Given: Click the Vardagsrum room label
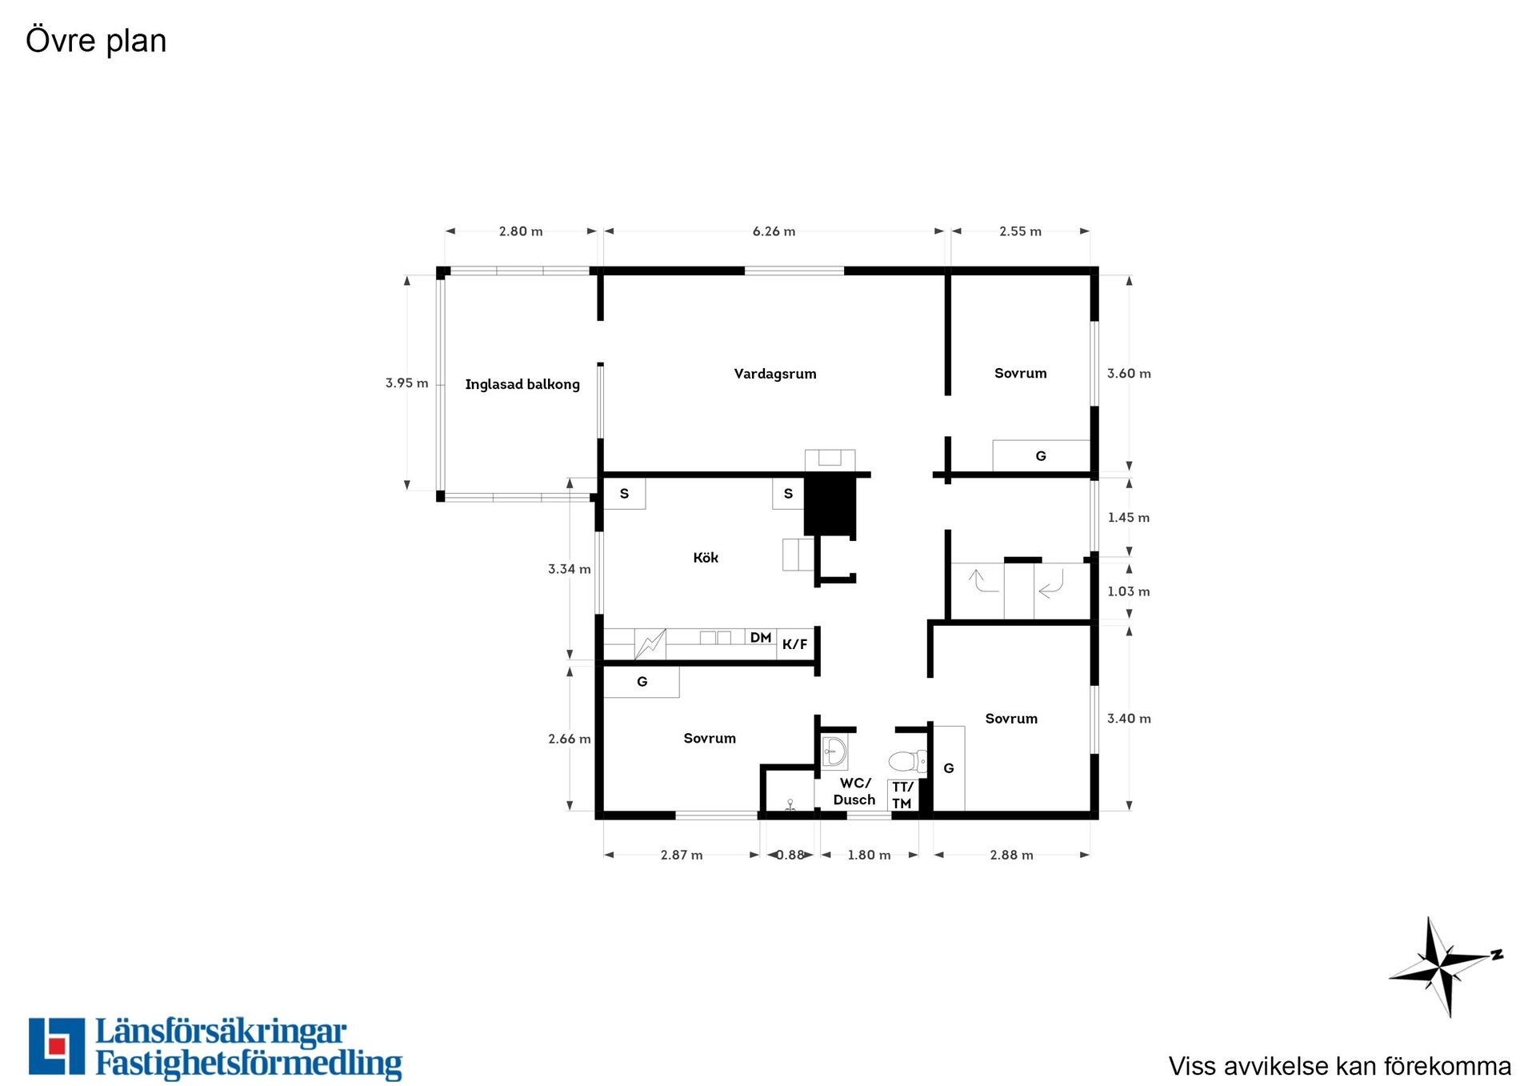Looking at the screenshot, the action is point(775,374).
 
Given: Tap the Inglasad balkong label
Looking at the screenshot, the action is point(522,384).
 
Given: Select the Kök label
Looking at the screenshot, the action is point(706,558).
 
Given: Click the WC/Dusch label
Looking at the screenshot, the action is point(854,791).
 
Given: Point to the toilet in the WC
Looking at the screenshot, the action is point(907,760).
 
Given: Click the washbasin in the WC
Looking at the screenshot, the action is point(834,752).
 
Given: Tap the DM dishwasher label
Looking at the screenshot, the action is point(761,638).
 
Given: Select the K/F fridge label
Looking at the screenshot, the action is point(794,644).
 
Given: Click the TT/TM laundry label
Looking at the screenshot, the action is point(902,795).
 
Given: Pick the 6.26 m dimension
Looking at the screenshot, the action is point(774,231).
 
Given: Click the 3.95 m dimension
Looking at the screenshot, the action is point(406,383).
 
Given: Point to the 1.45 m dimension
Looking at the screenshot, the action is point(1129,518).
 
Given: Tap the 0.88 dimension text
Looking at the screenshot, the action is point(790,855).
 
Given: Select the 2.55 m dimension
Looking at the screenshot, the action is point(1020,231).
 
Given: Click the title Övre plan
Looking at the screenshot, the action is point(96,40).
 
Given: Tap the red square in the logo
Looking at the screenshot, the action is point(56,1045).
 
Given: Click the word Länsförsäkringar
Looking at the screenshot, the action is point(221,1032).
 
